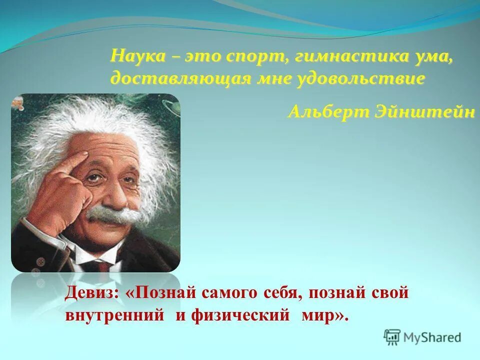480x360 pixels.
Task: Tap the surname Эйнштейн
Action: pos(424,111)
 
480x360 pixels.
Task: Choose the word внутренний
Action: pos(115,315)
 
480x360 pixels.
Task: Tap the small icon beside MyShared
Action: pos(392,337)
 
